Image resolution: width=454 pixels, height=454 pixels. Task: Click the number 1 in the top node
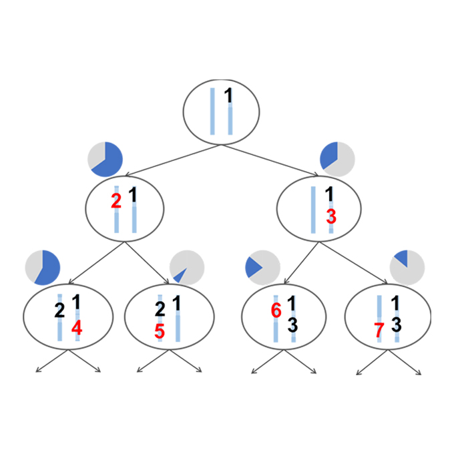pos(229,96)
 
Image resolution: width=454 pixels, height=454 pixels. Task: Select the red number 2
pos(116,201)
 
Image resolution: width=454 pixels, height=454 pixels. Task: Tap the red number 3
pos(331,216)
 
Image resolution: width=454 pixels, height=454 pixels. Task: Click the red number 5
pos(159,332)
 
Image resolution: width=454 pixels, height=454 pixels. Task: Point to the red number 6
pos(275,310)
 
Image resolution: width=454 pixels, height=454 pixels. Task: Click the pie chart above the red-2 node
pos(105,159)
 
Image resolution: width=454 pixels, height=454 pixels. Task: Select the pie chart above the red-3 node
pos(337,159)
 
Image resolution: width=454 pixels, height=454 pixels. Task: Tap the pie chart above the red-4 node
pos(43,267)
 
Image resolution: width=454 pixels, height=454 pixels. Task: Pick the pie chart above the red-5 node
pos(186,267)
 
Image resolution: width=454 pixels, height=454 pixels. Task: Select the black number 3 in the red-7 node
pos(396,325)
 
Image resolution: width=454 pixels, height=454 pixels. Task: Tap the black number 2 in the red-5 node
pos(160,309)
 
